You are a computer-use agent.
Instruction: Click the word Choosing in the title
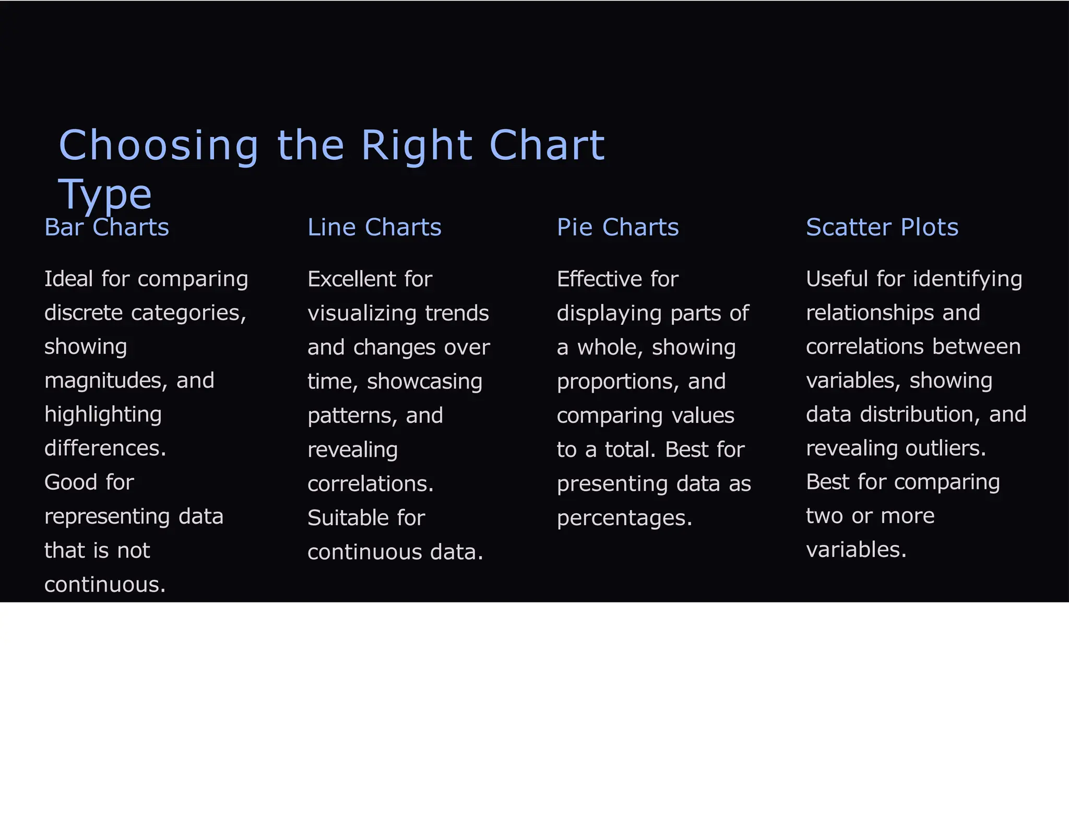(158, 146)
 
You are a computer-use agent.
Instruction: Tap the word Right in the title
(416, 146)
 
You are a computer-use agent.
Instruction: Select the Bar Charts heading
(106, 228)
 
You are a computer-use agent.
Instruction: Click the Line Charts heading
(374, 228)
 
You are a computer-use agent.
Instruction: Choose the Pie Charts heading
(617, 228)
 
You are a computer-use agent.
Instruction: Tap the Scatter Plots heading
(882, 228)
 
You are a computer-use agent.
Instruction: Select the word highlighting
(103, 415)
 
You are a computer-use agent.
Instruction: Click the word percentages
(624, 518)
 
